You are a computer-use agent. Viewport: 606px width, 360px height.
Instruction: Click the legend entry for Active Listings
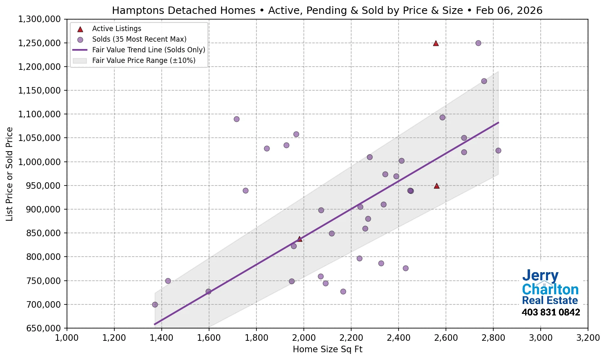[116, 29]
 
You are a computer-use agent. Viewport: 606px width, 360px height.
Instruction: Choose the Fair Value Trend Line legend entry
[148, 50]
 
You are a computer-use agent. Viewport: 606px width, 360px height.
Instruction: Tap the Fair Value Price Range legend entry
[143, 60]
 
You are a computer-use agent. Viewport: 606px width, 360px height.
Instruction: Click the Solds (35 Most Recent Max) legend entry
[139, 39]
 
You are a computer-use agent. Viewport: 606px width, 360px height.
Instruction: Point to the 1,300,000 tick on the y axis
[39, 19]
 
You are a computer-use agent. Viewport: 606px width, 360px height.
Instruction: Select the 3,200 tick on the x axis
[588, 338]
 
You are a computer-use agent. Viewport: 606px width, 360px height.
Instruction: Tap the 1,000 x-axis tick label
[67, 338]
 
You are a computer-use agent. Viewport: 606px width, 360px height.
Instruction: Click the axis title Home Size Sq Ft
[328, 349]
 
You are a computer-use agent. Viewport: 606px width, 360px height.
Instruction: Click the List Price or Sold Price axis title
[9, 174]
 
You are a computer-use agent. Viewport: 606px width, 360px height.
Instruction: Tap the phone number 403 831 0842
[550, 312]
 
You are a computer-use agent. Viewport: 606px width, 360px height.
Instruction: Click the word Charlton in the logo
[550, 289]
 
